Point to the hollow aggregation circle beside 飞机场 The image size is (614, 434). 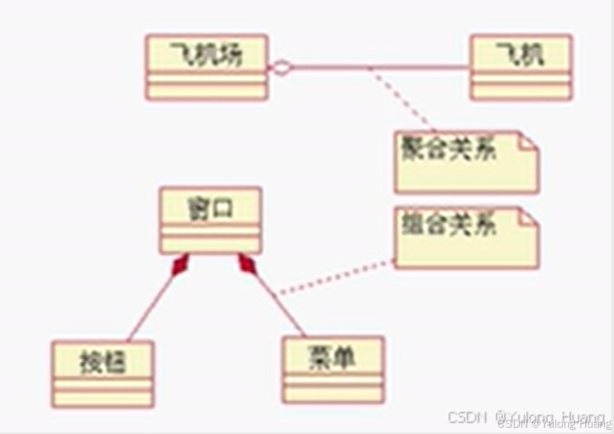click(x=281, y=67)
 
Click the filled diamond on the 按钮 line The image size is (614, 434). click(x=180, y=265)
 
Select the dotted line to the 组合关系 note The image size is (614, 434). click(x=333, y=278)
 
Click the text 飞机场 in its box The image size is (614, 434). click(x=206, y=55)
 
